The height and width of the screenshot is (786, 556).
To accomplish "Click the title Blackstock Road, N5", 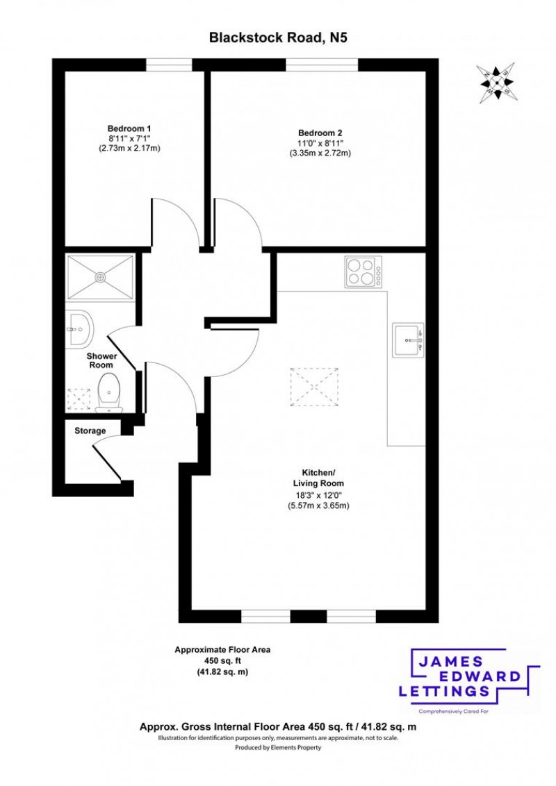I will pos(278,38).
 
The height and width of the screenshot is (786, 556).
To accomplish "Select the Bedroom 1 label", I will pos(129,128).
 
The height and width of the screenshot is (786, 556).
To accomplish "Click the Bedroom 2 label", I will pos(320,133).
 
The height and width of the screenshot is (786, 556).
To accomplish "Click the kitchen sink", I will pos(408,340).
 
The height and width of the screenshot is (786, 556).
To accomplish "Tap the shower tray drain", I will pos(101,277).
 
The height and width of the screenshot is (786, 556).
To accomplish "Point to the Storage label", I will pos(90,430).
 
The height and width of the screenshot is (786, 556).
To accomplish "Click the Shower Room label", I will pos(101,360).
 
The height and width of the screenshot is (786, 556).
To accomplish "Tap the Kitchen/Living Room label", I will pos(318,478).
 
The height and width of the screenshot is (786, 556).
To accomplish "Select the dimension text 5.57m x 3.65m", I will pos(318,505).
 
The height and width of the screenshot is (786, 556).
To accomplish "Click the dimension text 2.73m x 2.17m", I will pos(129,148).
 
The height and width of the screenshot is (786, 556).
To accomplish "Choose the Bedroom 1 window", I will pos(169,64).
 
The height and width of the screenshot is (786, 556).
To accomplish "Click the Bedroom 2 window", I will pos(322,64).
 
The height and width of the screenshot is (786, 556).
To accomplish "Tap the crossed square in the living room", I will pos(316,386).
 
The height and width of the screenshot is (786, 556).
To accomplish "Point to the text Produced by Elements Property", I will pos(278,748).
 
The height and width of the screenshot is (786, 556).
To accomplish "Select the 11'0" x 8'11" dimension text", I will pos(320,143).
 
